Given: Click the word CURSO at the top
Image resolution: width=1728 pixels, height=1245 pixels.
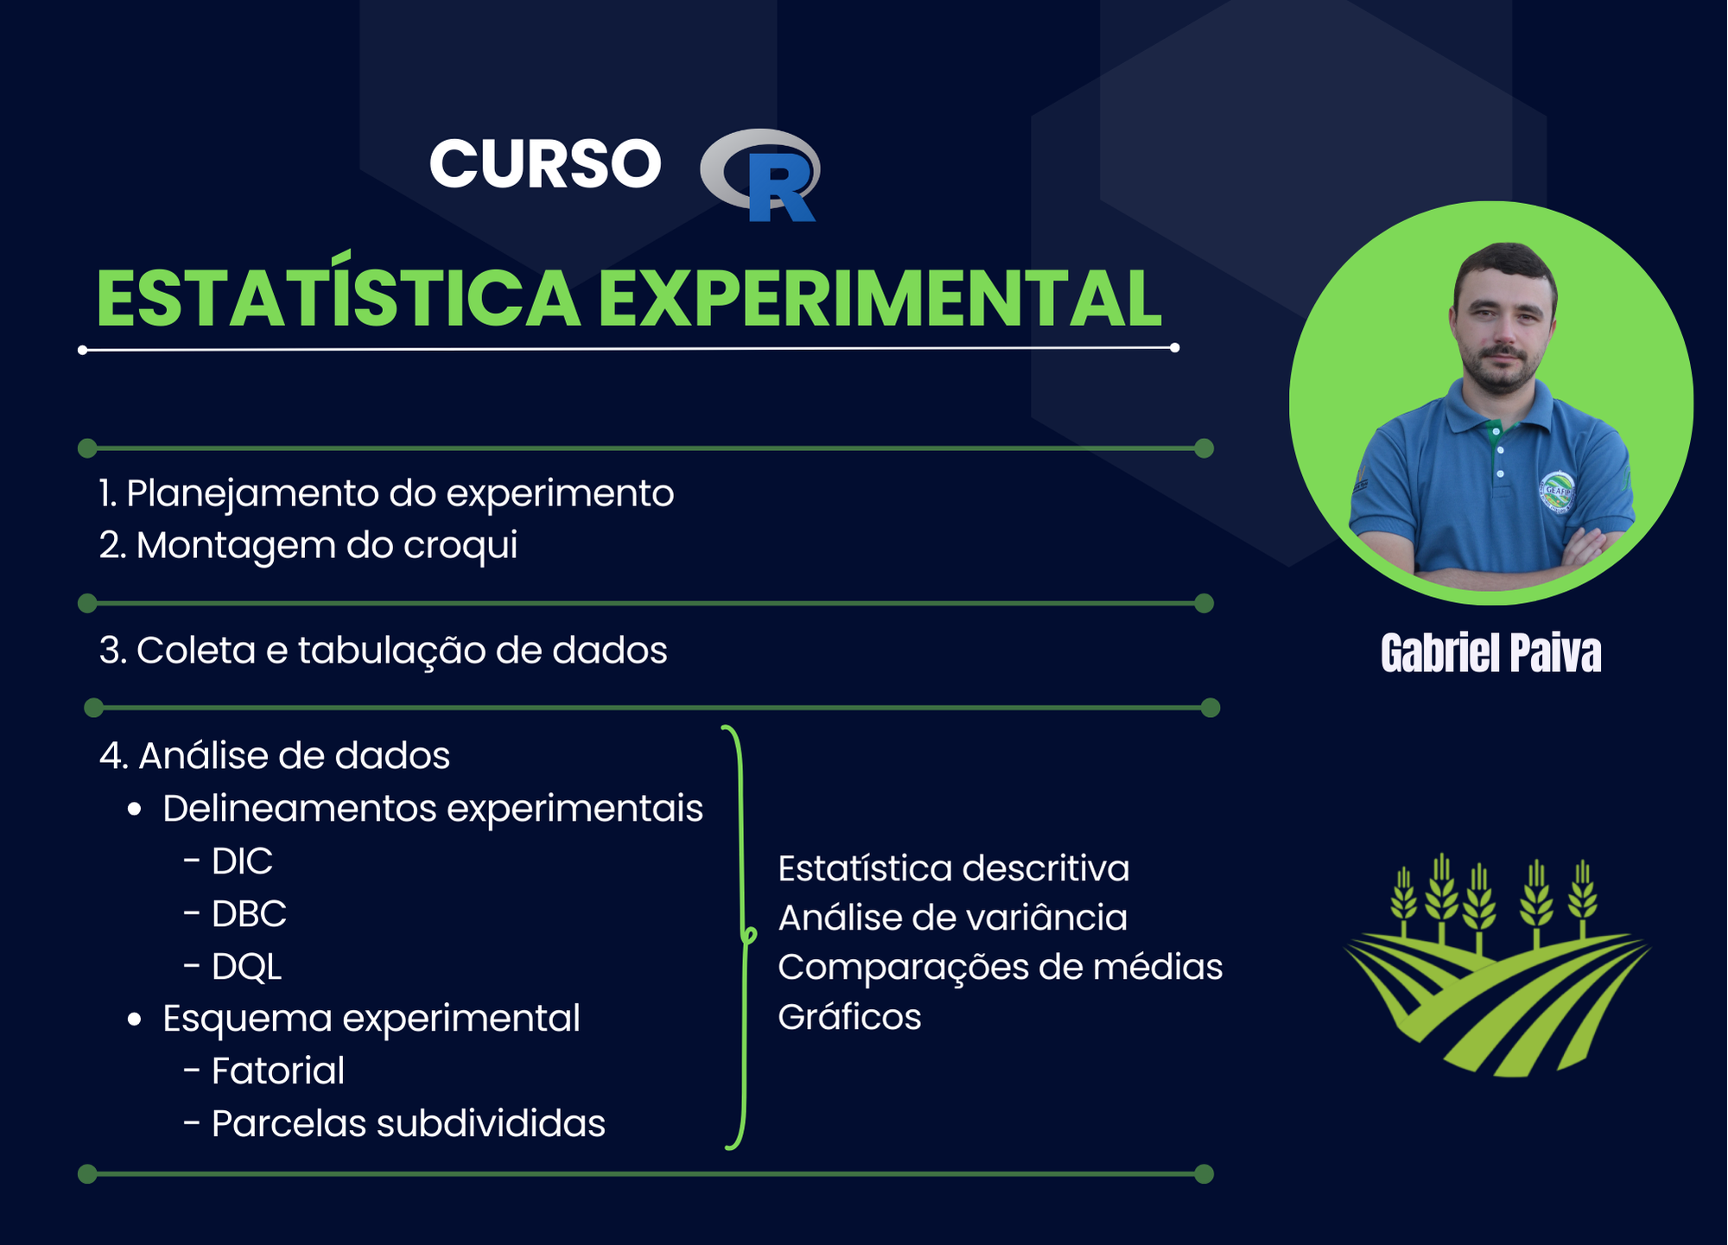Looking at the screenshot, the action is click(545, 163).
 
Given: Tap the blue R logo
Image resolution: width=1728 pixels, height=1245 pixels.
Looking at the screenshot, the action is click(760, 175).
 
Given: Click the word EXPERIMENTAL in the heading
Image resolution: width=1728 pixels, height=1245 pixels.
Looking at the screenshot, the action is click(880, 299).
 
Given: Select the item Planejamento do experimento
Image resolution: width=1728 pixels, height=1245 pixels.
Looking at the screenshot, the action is click(386, 494).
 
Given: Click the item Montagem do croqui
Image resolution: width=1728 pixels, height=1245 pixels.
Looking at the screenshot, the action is click(308, 546).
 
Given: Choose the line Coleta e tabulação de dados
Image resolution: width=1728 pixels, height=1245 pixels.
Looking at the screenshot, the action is click(384, 651).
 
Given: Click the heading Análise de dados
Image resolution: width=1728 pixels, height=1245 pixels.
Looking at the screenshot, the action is click(275, 756).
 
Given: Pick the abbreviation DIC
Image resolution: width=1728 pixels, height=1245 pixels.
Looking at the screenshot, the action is click(242, 861).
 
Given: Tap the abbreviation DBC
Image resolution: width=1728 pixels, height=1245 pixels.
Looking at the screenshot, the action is click(249, 914).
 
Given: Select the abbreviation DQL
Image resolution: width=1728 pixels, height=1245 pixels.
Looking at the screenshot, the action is click(246, 967).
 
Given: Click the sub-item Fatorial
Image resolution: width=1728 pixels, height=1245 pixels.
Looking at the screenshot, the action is click(278, 1071).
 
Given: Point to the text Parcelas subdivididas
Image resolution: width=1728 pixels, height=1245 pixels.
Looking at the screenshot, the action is click(409, 1124).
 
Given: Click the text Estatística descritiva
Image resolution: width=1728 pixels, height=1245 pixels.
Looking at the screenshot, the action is click(954, 869).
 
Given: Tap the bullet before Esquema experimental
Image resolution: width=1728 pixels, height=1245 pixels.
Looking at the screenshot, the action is click(134, 1020).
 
